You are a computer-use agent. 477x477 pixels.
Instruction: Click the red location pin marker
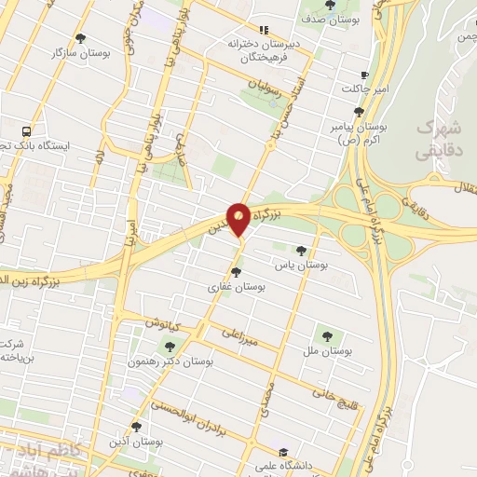coord(239,218)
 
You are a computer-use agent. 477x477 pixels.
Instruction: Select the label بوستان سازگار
coord(81,53)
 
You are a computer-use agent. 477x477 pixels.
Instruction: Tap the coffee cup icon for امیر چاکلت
coord(364,75)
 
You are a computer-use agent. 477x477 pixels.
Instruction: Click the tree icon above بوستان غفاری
coord(236,273)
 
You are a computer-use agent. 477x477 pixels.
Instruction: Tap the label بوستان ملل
coord(325,350)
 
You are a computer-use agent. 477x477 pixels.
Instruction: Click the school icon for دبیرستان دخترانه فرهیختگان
coord(264,30)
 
